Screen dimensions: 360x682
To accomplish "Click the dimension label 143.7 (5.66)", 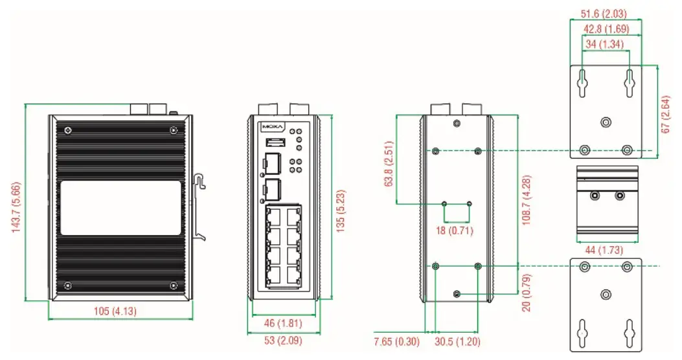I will (x=17, y=201).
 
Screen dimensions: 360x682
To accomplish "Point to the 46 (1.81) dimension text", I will (x=282, y=322).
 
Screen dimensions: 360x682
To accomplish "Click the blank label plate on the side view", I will (x=120, y=208).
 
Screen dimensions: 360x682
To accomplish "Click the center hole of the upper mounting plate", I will (x=606, y=121).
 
